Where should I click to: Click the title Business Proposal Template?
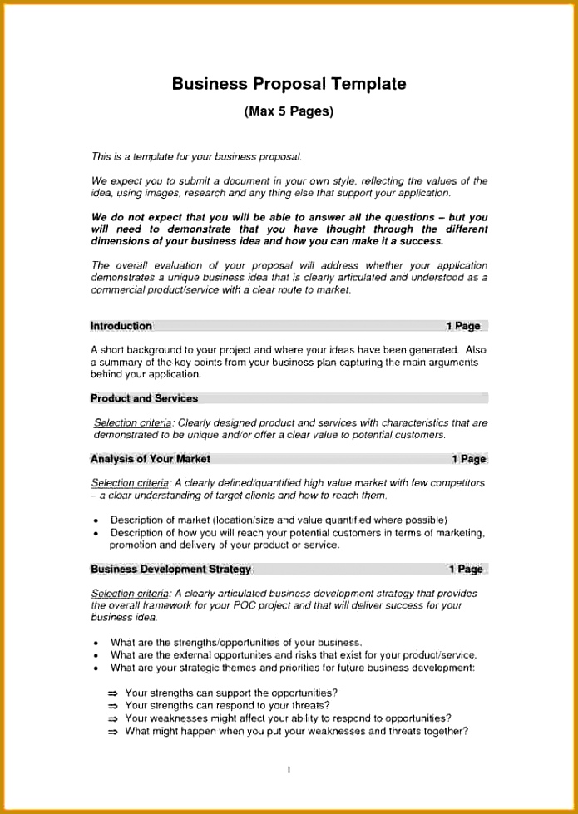(289, 84)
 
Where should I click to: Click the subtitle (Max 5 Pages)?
(289, 111)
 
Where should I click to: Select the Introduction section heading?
(121, 326)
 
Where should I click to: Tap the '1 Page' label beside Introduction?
(462, 326)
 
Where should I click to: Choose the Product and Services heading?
(144, 398)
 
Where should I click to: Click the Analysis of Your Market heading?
(151, 459)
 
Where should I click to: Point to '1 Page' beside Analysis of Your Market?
(468, 459)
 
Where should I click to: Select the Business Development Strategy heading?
(170, 570)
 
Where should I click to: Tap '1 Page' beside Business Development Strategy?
(466, 570)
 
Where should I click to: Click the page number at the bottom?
(289, 770)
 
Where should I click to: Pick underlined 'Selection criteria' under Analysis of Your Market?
(130, 483)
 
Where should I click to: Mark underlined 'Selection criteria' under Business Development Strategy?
(130, 594)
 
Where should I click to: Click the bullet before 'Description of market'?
(97, 521)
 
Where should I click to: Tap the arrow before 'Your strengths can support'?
(113, 693)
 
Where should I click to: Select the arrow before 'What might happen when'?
(113, 733)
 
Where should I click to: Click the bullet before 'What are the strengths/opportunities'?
(97, 644)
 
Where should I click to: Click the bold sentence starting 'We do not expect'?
(289, 229)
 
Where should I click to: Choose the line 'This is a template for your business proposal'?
(196, 156)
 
